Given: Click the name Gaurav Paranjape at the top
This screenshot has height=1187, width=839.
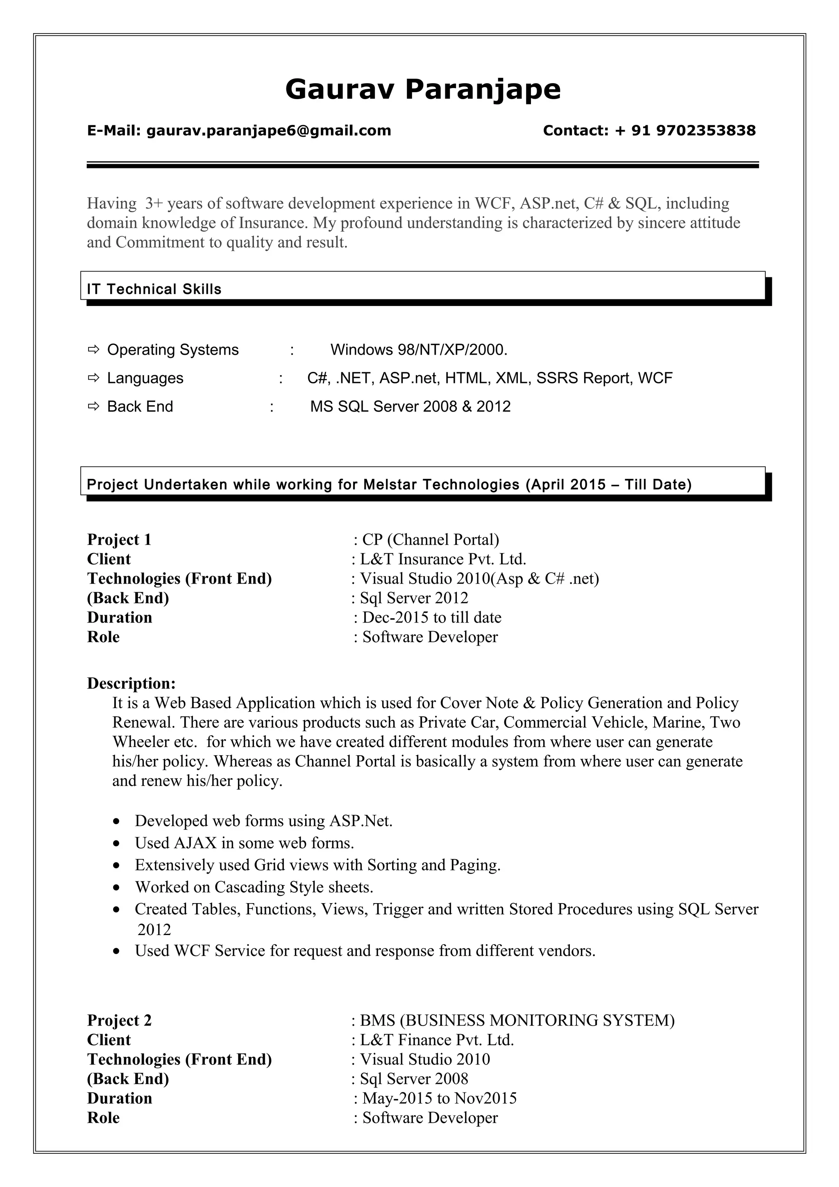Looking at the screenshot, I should [422, 89].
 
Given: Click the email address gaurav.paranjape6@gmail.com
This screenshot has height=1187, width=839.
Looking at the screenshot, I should [268, 130].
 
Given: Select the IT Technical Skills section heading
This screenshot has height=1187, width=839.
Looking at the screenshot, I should [154, 289].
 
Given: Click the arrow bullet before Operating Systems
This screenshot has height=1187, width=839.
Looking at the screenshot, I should [93, 350].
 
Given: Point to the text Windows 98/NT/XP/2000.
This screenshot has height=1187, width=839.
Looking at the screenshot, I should [419, 350].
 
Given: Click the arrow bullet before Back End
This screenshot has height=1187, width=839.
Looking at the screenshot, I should [93, 407].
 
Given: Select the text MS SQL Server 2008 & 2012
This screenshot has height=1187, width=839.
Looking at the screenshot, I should [410, 407].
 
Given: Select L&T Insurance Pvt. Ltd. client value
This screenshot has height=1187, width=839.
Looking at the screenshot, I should [442, 560].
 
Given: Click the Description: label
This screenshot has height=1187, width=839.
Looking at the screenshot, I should [132, 684].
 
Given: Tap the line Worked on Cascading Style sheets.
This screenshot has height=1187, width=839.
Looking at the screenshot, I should [254, 887].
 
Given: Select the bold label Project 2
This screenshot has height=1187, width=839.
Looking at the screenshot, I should [119, 1021].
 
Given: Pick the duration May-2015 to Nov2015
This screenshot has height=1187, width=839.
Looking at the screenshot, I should [439, 1098].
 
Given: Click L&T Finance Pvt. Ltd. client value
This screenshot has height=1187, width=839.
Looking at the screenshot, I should [437, 1040].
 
